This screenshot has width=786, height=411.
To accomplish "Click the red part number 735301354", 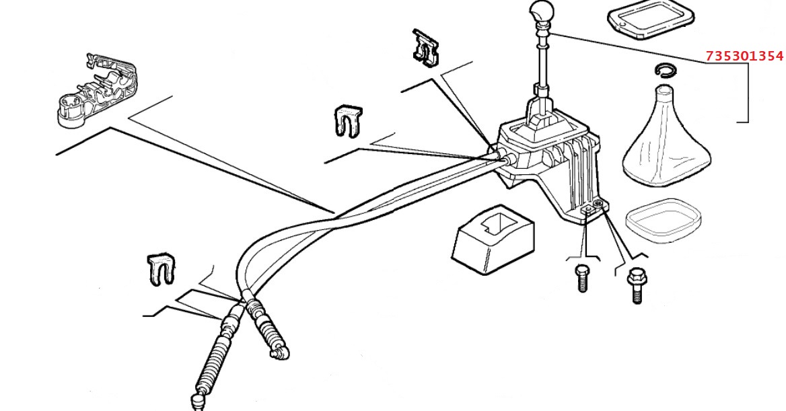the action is [x=744, y=56].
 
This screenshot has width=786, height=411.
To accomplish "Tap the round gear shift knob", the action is [x=541, y=13].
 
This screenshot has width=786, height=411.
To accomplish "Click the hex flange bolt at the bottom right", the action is [x=635, y=286].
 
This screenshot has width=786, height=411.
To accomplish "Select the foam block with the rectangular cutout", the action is [x=494, y=239].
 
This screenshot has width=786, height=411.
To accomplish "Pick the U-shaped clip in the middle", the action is [x=347, y=120].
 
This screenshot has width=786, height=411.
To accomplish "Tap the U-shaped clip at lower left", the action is [x=161, y=269].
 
